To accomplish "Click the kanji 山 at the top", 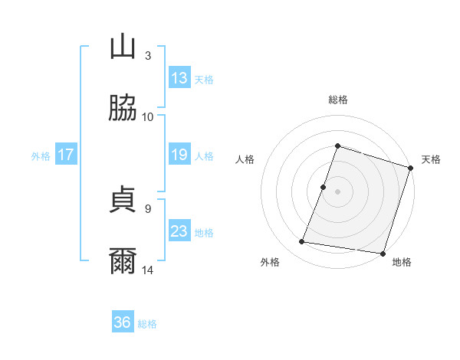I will [123, 47].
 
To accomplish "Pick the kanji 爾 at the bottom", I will [123, 261].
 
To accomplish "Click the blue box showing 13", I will [179, 78].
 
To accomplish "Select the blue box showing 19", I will [179, 155].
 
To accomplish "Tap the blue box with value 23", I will [179, 231].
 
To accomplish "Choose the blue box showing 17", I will [66, 155].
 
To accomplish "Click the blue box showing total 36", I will [123, 322].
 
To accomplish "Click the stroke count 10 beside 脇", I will [148, 116].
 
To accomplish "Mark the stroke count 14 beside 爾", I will [148, 270].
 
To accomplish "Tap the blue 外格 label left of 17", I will [41, 155].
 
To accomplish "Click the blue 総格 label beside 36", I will [147, 323].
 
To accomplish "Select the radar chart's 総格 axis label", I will [337, 100].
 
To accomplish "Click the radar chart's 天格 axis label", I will [431, 159].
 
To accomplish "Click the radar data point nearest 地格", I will [383, 253].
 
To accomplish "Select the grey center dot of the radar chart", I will [337, 191].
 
